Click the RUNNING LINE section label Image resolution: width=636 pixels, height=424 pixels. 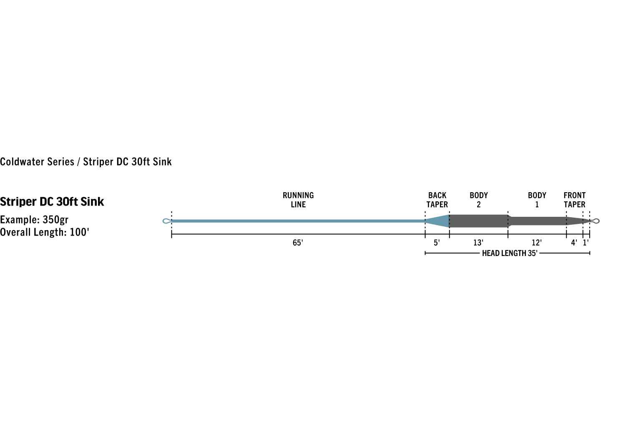[x=298, y=200]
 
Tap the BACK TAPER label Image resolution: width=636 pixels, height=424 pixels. [x=437, y=200]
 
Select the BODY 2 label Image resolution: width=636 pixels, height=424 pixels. [x=479, y=200]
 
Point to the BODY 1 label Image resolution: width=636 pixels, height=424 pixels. [x=537, y=200]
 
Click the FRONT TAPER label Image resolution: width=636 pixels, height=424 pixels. [x=574, y=200]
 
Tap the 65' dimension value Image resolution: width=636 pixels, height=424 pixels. [x=298, y=243]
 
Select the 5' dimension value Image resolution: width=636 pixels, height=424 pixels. [x=437, y=243]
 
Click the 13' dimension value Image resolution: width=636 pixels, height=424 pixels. [x=478, y=243]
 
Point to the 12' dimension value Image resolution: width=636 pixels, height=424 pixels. [x=537, y=243]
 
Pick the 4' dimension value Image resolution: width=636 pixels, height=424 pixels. [x=574, y=243]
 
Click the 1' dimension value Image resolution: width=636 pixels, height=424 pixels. [x=586, y=243]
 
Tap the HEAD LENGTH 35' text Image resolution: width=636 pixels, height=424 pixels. [x=510, y=253]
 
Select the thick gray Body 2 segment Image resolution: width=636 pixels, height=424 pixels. [x=479, y=221]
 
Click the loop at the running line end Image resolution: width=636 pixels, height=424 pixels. [x=167, y=221]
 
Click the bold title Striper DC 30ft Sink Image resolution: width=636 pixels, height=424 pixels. [x=52, y=202]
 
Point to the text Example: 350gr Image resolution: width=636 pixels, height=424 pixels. [x=34, y=220]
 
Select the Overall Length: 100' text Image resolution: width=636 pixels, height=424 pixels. [x=45, y=232]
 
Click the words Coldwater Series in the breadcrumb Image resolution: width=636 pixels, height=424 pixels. [x=37, y=162]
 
